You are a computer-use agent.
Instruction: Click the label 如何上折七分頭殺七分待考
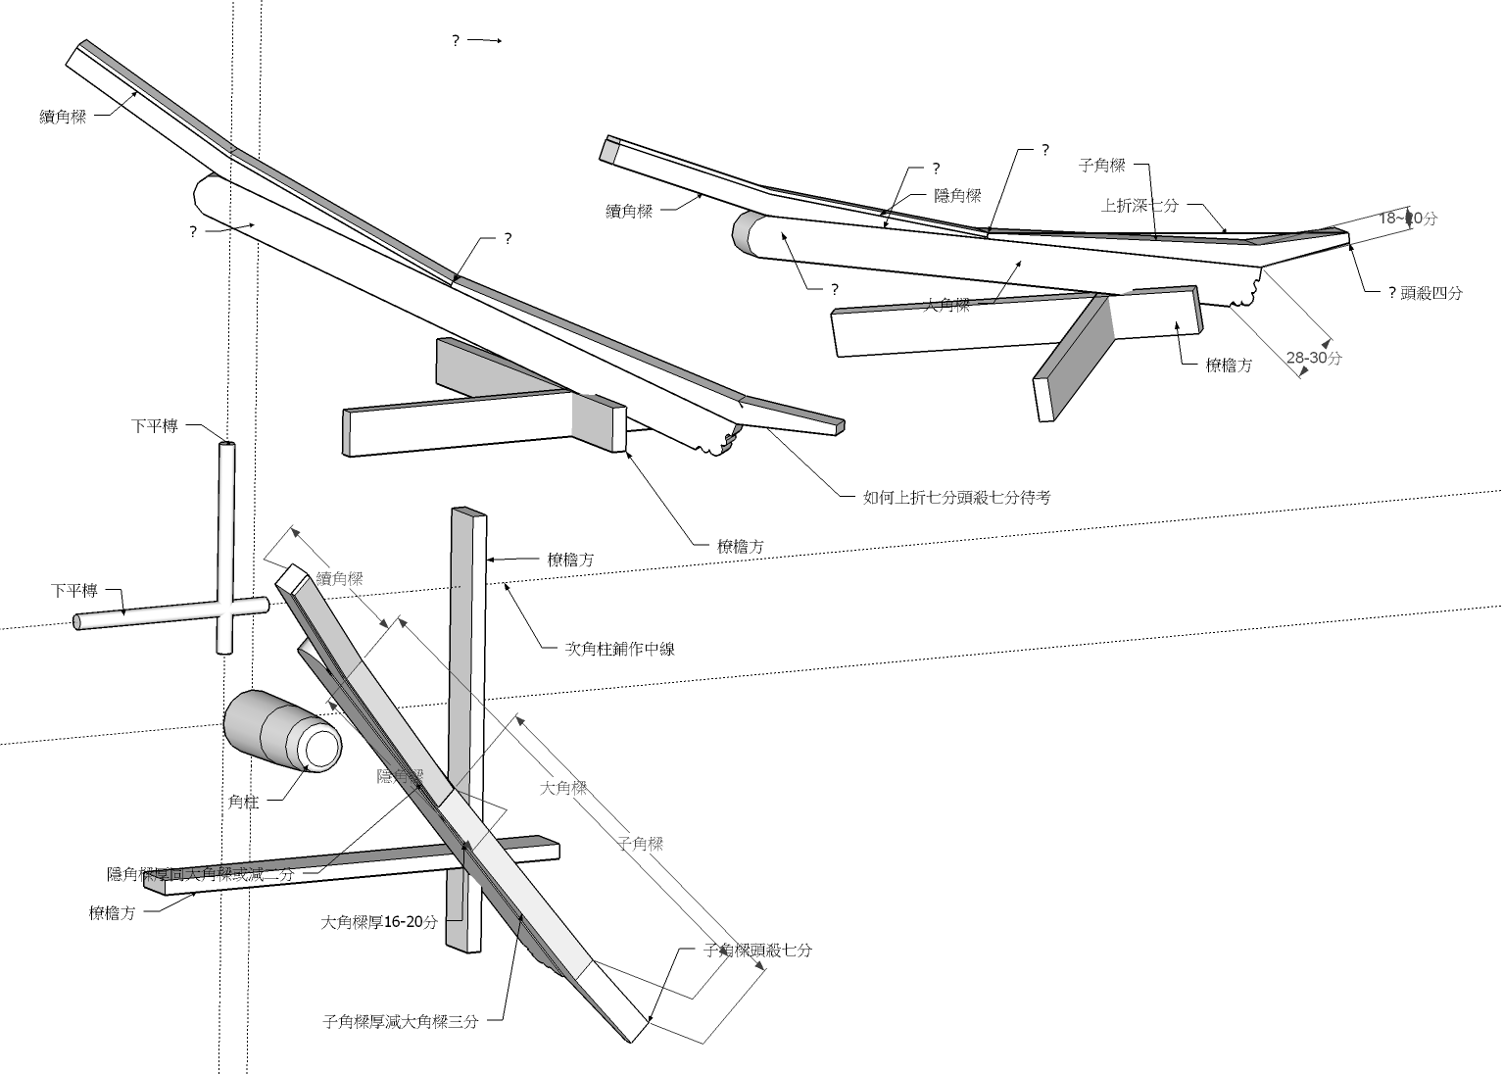pos(956,498)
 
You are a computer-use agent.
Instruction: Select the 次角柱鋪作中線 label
pos(619,649)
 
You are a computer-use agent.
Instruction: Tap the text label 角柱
pos(243,802)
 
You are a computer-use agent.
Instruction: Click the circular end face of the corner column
pos(320,750)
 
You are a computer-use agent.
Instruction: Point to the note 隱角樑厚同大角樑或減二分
pos(200,874)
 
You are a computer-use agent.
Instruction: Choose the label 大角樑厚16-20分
pos(379,922)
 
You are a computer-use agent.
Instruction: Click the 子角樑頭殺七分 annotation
pos(757,951)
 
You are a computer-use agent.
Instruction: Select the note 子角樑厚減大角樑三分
pos(400,1021)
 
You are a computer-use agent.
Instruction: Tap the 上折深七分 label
pos(1139,206)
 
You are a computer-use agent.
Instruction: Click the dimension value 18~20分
pos(1408,218)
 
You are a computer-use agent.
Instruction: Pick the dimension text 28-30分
pos(1314,359)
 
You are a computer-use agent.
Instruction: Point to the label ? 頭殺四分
pos(1425,292)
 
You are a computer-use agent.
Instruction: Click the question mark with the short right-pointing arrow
pos(456,41)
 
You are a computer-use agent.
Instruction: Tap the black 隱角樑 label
pos(957,196)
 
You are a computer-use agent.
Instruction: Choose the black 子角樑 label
pos(1101,166)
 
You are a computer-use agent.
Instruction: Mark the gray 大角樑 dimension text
pos(563,787)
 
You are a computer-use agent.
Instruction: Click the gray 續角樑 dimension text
pos(339,579)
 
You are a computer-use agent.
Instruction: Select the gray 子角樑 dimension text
pos(641,843)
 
